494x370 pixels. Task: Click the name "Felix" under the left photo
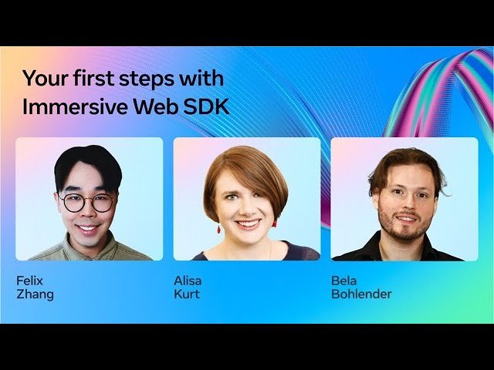click(29, 281)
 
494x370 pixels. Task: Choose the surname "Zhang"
click(35, 294)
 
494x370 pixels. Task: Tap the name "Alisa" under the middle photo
click(188, 281)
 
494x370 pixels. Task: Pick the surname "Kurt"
click(187, 294)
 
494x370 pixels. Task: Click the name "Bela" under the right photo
click(344, 281)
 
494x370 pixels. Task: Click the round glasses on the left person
click(88, 203)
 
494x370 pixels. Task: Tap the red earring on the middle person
click(218, 229)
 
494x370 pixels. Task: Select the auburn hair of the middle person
click(243, 166)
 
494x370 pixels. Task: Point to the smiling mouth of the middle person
click(249, 224)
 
